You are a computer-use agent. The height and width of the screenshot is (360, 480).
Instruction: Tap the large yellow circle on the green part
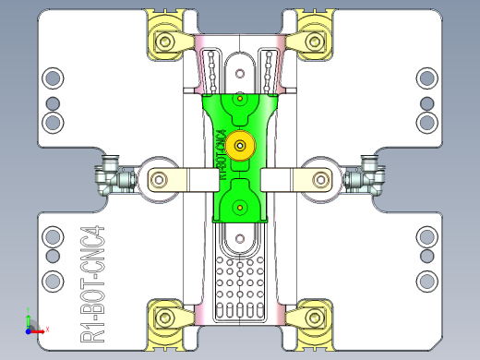pyautogui.click(x=241, y=144)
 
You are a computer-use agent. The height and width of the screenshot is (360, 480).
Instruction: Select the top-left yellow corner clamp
pyautogui.click(x=167, y=41)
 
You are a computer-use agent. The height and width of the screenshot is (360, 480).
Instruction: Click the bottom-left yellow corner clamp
pyautogui.click(x=166, y=318)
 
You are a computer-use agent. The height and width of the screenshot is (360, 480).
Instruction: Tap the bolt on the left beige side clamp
pyautogui.click(x=161, y=178)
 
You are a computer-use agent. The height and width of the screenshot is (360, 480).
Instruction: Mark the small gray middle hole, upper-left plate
pyautogui.click(x=54, y=101)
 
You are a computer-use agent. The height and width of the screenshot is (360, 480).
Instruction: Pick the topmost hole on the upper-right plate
pyautogui.click(x=426, y=78)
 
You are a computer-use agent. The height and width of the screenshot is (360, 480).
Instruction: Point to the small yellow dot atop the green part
pyautogui.click(x=240, y=97)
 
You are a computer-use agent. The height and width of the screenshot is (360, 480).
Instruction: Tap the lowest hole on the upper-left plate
pyautogui.click(x=54, y=122)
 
